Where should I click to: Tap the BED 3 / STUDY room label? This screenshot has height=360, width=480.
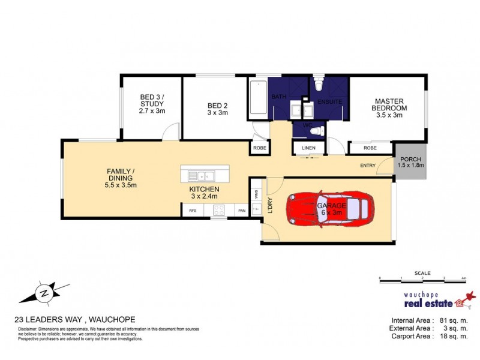(x=152, y=104)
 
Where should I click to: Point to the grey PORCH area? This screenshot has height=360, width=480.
(x=411, y=162)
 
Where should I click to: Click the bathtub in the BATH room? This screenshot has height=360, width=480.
(x=259, y=100)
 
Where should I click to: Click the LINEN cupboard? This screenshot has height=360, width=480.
(x=308, y=148)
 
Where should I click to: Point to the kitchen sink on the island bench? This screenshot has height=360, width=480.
(x=202, y=176)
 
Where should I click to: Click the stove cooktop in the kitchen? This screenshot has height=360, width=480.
(x=219, y=210)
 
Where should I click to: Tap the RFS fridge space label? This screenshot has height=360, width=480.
(x=193, y=211)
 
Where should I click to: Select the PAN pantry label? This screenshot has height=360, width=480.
(x=241, y=211)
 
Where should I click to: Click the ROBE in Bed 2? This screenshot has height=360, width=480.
(x=259, y=148)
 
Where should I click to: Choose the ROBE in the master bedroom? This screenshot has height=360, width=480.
(x=370, y=148)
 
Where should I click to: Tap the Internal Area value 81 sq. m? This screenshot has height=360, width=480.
(x=452, y=320)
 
